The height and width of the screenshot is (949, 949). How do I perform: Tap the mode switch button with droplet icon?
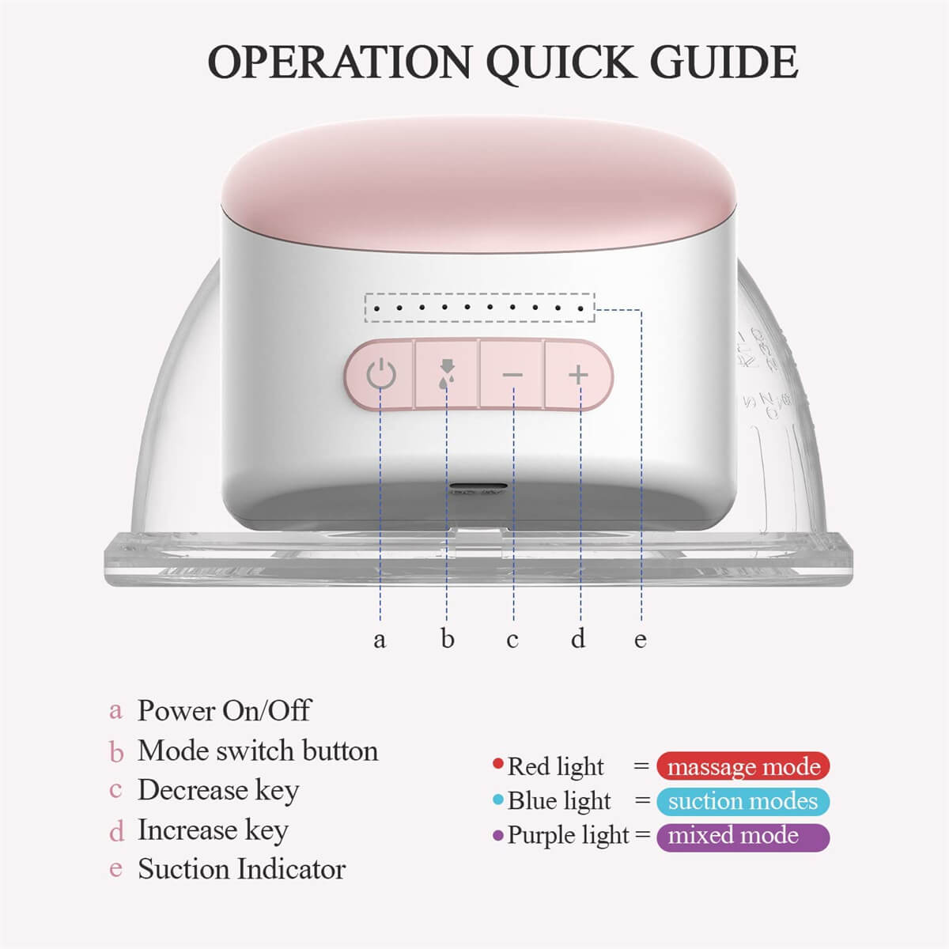[447, 373]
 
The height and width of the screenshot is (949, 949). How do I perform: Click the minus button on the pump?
[512, 374]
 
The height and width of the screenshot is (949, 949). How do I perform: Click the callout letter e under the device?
[641, 639]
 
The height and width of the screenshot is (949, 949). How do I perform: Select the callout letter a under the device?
[380, 639]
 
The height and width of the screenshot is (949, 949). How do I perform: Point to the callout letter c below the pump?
[512, 639]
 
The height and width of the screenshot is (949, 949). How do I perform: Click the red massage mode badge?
[743, 766]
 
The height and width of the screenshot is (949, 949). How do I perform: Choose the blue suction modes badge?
[743, 801]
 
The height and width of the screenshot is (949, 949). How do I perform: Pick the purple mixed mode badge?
[743, 836]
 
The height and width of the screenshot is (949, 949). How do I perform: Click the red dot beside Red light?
[497, 764]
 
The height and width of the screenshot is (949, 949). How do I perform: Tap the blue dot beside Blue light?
[497, 800]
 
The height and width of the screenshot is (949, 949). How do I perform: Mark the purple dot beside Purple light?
[497, 835]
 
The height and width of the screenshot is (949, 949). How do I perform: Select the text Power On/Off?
[224, 710]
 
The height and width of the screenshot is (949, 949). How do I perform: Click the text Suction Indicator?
[241, 869]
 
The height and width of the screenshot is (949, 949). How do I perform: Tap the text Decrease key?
[218, 790]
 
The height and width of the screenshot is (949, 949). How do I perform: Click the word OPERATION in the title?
[339, 62]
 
